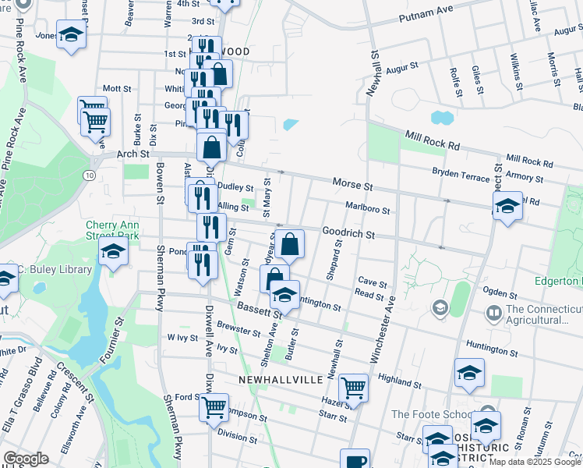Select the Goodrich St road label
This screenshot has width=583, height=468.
[348, 234]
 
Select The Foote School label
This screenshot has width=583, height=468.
[432, 413]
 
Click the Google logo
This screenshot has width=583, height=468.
[26, 459]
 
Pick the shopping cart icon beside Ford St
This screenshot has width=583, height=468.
[214, 406]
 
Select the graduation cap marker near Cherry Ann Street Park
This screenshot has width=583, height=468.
[113, 252]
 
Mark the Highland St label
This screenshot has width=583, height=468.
[400, 381]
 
